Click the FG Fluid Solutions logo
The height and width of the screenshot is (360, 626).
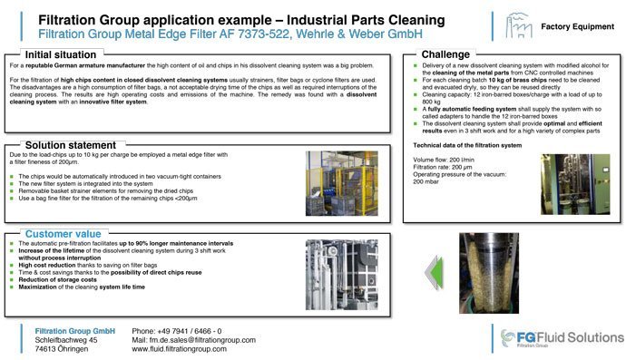[562, 339]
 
